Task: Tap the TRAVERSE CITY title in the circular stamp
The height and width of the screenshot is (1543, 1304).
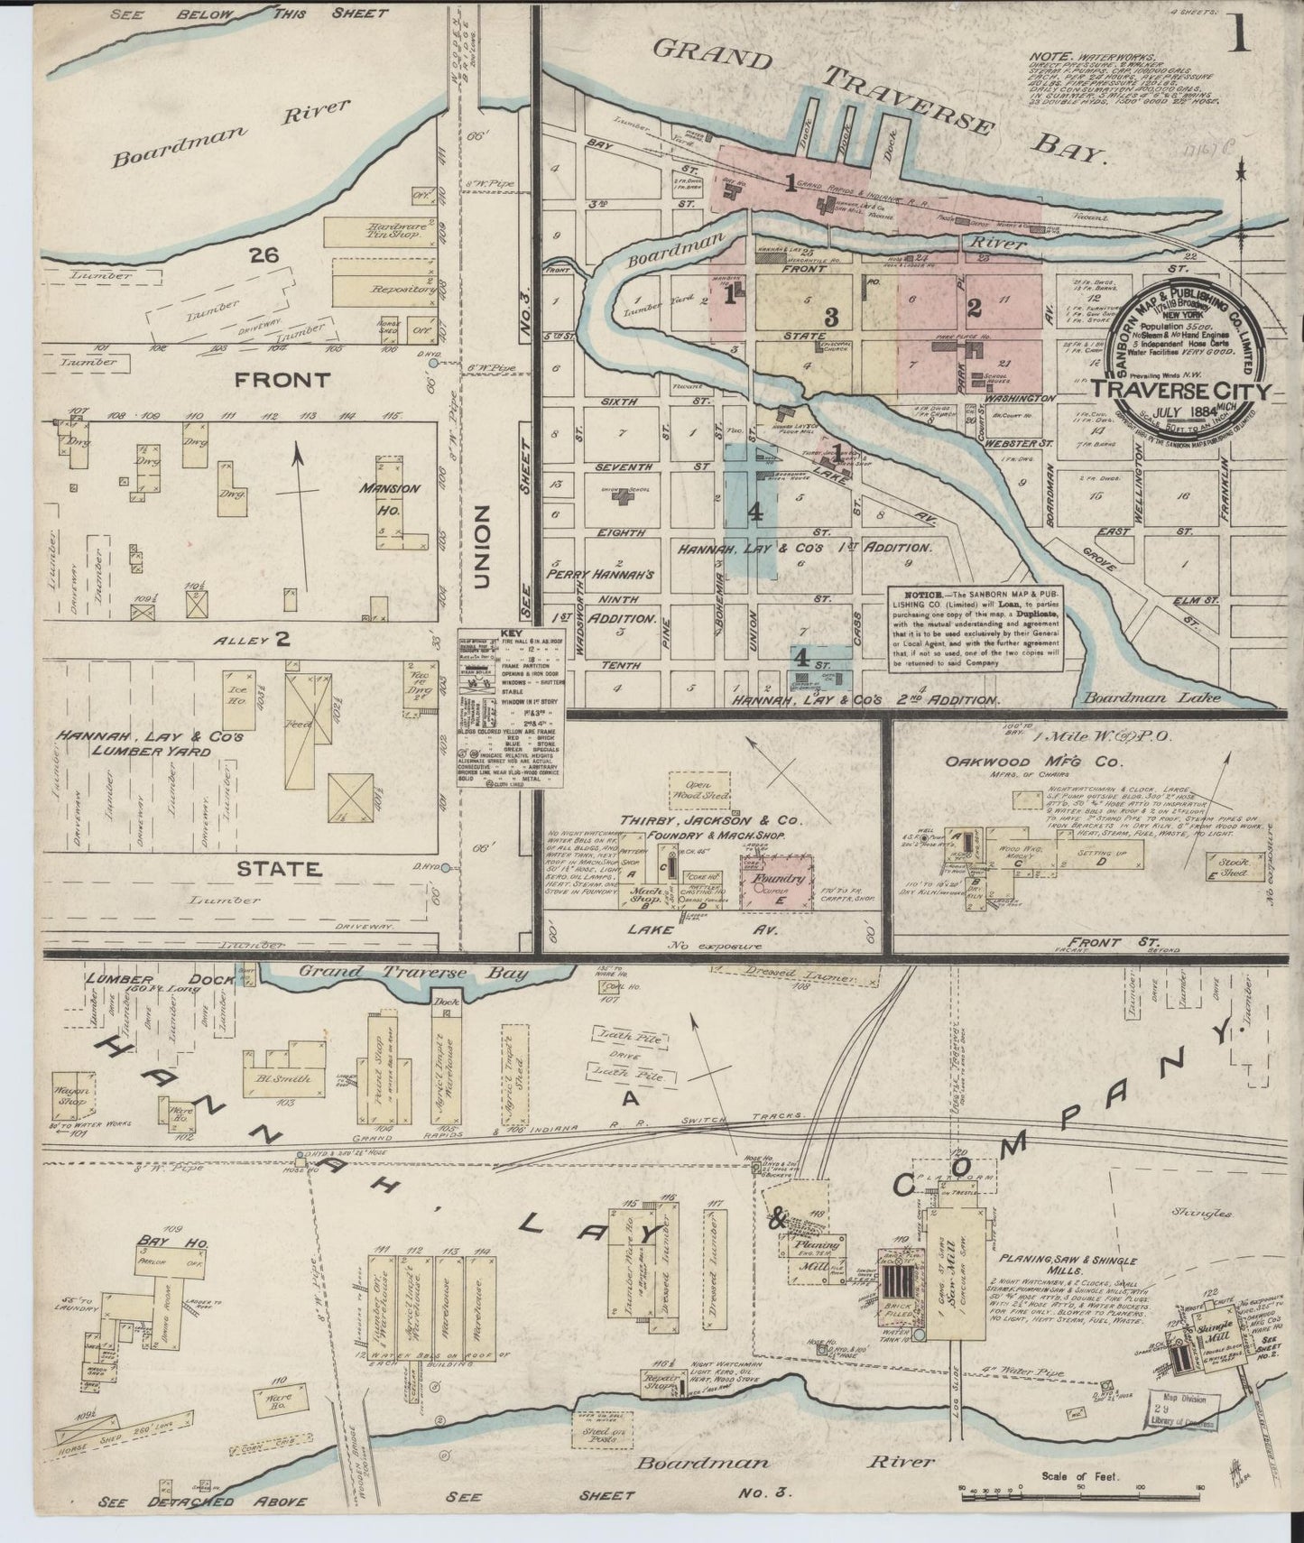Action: coord(1181,391)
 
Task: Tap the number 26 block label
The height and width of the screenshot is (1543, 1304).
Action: coord(264,256)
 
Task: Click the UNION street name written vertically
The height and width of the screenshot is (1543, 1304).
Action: coord(480,546)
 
